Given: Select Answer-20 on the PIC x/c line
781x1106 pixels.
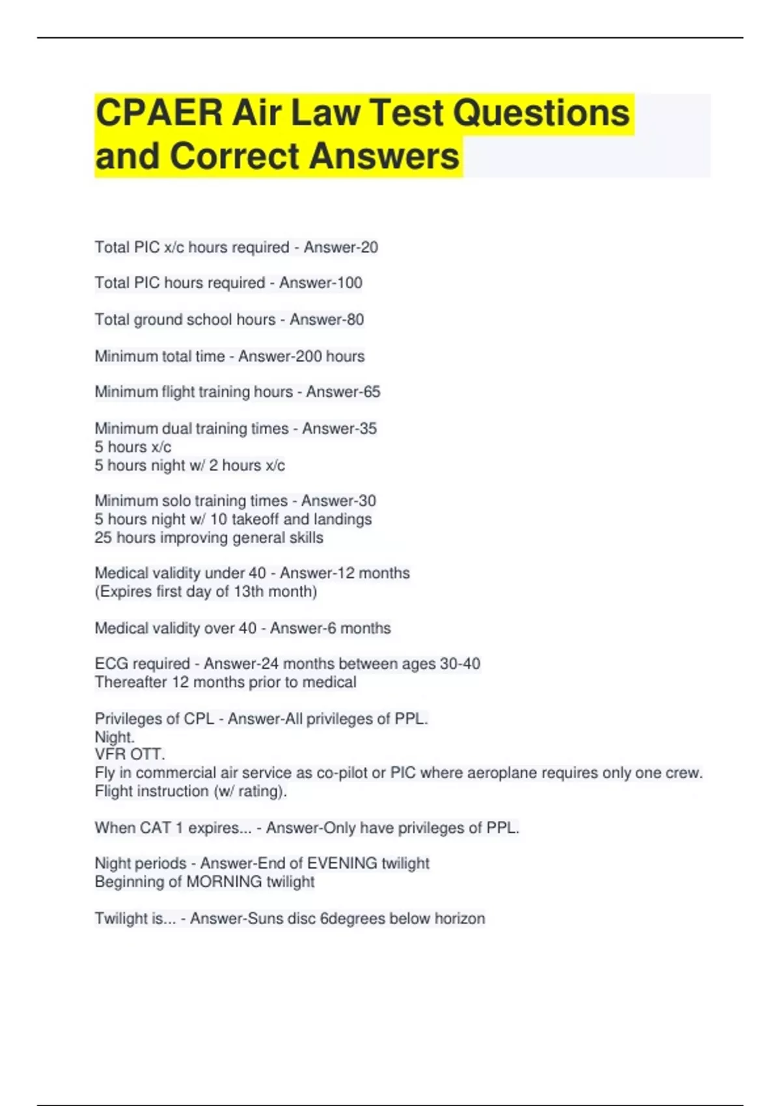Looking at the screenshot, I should tap(340, 247).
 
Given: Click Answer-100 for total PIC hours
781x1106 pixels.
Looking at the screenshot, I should tap(320, 283).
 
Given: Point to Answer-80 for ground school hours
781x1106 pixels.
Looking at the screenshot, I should tap(327, 319).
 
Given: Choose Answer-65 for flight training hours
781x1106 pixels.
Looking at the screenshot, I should tap(343, 392).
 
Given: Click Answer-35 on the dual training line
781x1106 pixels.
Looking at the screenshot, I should tap(339, 429).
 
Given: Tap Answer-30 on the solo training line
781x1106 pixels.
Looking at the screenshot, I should tap(338, 501).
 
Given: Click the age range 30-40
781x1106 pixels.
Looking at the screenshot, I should tap(460, 664).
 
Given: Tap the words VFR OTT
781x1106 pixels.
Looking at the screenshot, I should tap(130, 754).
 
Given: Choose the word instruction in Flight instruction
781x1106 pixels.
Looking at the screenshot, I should tap(168, 791).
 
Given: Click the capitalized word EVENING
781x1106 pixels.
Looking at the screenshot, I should tap(342, 863).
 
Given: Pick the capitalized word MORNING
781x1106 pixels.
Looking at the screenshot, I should tap(224, 882).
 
